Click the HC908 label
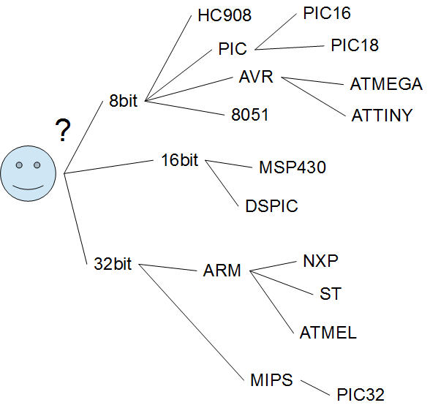[x=225, y=15]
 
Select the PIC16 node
[x=327, y=13]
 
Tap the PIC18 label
[x=355, y=45]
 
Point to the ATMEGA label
[x=386, y=84]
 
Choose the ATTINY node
[x=382, y=116]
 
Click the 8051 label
[x=250, y=114]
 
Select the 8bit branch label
[x=123, y=100]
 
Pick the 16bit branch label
[x=180, y=159]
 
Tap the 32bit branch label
[x=113, y=264]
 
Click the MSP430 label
[x=293, y=167]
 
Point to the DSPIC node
[x=271, y=206]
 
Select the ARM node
[x=222, y=271]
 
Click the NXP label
[x=320, y=261]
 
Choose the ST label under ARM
[x=331, y=294]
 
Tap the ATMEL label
[x=328, y=333]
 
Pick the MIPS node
[x=271, y=380]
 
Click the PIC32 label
[x=361, y=395]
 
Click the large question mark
[x=63, y=129]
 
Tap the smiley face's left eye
[x=19, y=165]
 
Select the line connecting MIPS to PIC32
[x=315, y=388]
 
